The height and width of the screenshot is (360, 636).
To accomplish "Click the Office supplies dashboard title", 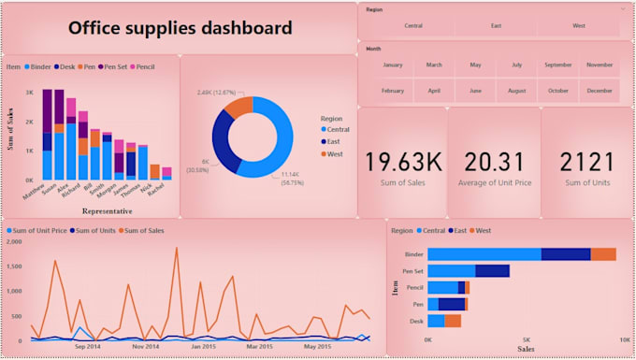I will (180, 28).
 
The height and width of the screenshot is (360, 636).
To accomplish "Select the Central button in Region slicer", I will (412, 25).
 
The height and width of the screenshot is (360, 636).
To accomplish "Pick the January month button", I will (393, 65).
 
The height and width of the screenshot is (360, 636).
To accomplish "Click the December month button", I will (600, 91).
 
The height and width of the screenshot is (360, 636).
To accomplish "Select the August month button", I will (517, 91).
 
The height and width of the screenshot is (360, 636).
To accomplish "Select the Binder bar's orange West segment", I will (603, 254).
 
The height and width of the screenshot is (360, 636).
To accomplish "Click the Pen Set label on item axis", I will (412, 271).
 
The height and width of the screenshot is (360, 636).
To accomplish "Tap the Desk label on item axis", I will (416, 321).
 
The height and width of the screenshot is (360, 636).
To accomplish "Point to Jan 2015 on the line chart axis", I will (204, 346).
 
